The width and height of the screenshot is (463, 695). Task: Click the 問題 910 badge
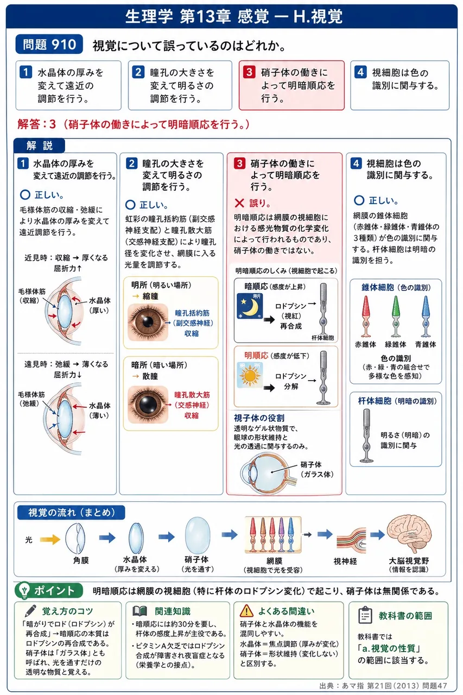(x=49, y=44)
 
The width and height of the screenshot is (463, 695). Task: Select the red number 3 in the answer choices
(x=249, y=72)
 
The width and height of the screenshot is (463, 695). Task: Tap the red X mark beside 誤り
(x=239, y=203)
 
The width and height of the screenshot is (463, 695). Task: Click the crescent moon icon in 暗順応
(x=250, y=306)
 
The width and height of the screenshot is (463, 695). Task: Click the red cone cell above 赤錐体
(x=366, y=316)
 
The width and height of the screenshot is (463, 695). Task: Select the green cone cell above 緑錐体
(x=396, y=316)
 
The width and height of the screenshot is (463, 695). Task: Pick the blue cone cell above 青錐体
(x=426, y=316)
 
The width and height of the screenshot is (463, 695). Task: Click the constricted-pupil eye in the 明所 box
(x=148, y=322)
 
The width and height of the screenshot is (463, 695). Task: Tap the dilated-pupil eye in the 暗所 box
(x=148, y=405)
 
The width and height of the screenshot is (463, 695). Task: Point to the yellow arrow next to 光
(x=50, y=539)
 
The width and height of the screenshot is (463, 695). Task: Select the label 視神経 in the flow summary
(x=345, y=561)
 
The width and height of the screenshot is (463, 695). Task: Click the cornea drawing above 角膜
(x=75, y=538)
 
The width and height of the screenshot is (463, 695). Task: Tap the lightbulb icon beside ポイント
(x=24, y=590)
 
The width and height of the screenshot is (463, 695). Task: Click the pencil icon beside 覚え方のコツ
(x=30, y=611)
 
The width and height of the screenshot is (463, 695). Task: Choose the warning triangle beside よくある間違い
(x=246, y=611)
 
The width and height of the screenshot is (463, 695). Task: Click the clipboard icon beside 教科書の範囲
(x=365, y=615)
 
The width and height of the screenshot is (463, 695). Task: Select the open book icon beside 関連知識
(x=139, y=611)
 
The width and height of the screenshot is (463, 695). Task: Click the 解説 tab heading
(x=40, y=146)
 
